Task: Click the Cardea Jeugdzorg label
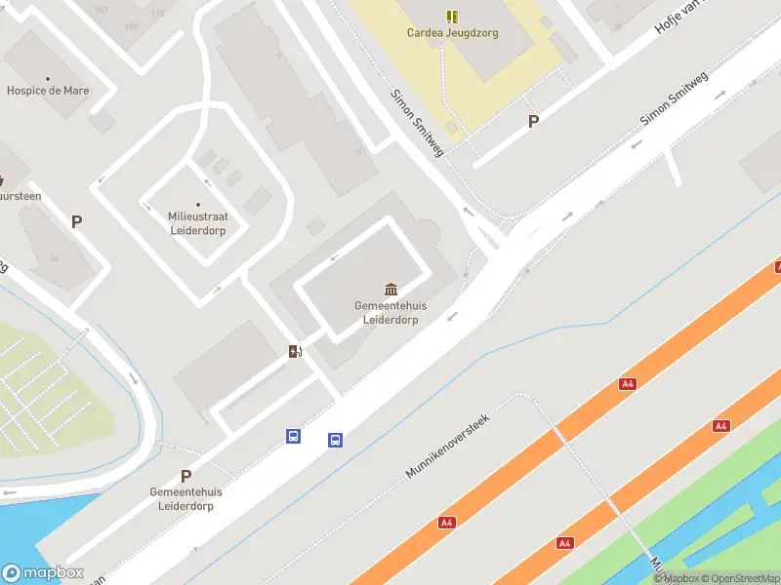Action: point(452,32)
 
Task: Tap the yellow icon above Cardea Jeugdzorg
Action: point(452,16)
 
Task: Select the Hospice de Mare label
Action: point(48,91)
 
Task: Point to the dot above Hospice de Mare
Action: point(48,77)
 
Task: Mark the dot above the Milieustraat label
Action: point(199,204)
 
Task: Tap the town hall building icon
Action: point(391,290)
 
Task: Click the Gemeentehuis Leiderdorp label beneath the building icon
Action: point(390,312)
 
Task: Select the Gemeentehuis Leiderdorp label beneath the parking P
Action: point(185,498)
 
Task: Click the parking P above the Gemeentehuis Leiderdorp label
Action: point(185,476)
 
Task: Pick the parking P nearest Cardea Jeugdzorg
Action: point(533,121)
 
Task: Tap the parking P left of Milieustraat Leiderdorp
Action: point(76,221)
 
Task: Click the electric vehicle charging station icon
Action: point(295,351)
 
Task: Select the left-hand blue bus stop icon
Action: point(293,436)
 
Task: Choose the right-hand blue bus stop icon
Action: point(335,440)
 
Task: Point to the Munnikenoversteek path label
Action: point(447,446)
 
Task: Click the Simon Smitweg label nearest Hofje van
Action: point(674,97)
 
